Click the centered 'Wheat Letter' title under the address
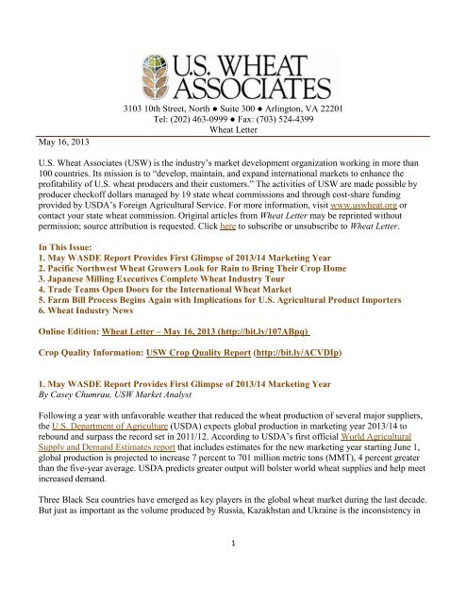coord(233,129)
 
